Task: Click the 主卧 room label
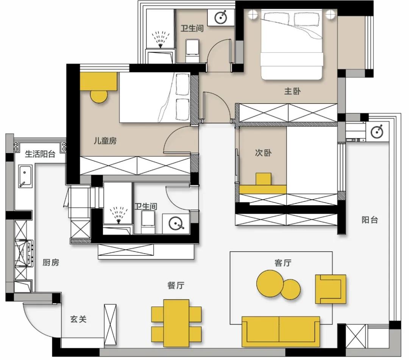(292, 91)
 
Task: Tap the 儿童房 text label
(105, 141)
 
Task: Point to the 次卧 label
(263, 153)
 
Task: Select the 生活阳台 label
(40, 154)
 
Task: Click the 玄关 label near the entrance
(78, 319)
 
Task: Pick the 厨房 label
(51, 263)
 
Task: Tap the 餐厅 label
(176, 285)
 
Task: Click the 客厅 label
(283, 263)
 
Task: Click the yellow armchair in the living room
(330, 289)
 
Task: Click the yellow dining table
(176, 321)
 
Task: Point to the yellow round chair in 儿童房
(99, 96)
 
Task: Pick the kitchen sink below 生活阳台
(25, 177)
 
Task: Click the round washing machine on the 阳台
(378, 131)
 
